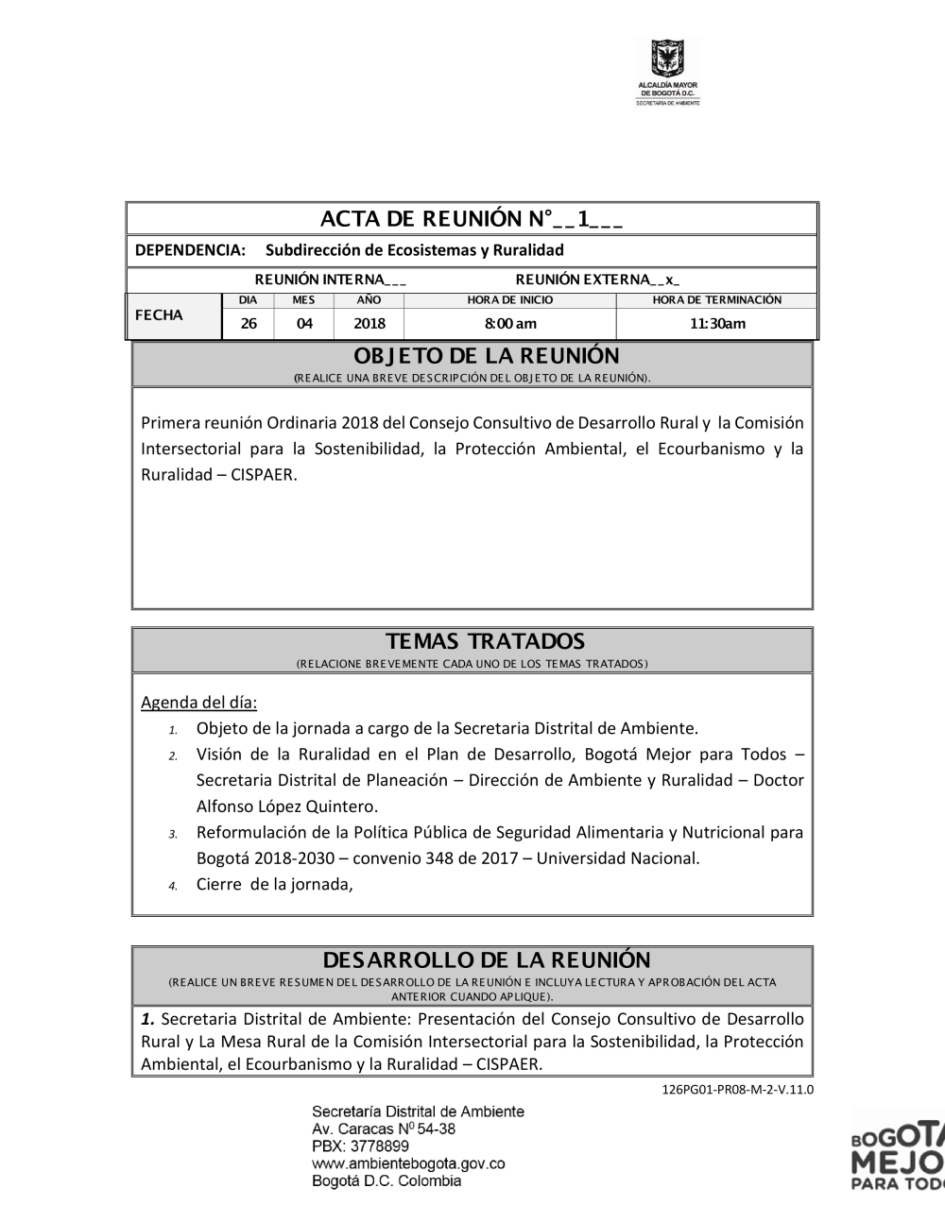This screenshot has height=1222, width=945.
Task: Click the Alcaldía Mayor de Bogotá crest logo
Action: pos(668,60)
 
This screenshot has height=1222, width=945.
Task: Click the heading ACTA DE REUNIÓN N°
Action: pos(472,219)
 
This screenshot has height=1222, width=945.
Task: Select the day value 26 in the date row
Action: pos(249,324)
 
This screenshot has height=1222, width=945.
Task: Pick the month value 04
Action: pos(303,324)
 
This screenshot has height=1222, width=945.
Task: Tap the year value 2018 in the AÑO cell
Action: pos(369,324)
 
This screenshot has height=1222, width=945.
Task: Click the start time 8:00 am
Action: pos(510,324)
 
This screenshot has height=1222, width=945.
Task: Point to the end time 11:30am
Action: pos(717,324)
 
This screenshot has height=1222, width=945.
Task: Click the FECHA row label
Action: pos(159,315)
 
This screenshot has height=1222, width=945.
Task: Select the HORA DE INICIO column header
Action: pos(510,300)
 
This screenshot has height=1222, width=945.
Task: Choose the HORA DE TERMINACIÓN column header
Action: pos(717,300)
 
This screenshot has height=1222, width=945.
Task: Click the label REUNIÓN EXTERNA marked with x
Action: pos(597,280)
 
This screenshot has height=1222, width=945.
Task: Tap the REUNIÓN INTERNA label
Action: pos(331,280)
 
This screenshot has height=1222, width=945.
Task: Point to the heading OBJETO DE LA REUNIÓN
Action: pos(472,356)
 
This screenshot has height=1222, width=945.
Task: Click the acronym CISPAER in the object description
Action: pos(263,475)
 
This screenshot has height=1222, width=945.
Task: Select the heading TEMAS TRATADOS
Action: pos(472,642)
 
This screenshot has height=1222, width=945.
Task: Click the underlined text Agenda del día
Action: pos(198,703)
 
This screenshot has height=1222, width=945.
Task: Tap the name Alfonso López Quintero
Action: pos(286,806)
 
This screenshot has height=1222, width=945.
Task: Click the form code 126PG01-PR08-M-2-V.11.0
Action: pos(737,1089)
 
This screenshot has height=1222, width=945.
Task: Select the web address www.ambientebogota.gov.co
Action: pos(408,1163)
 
